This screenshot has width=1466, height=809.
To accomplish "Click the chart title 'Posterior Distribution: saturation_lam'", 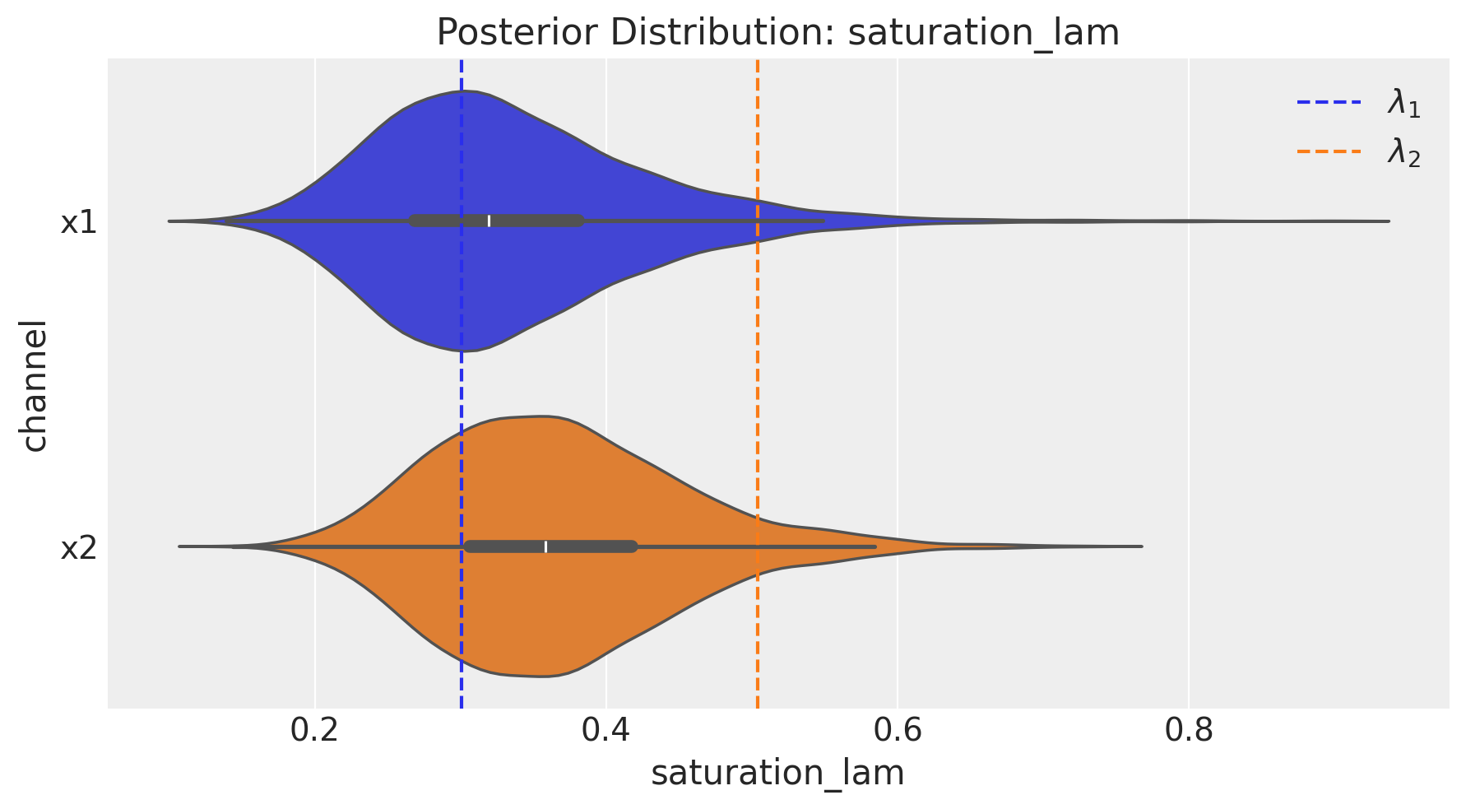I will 777,33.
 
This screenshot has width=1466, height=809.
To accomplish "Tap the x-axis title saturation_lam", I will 777,774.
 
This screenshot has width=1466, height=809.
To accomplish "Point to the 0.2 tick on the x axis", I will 314,730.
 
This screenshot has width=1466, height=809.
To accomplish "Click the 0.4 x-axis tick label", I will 605,730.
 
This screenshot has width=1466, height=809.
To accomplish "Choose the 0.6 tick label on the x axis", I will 898,730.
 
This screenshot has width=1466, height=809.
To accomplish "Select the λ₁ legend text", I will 1404,104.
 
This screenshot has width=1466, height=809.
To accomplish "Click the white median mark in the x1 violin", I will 489,221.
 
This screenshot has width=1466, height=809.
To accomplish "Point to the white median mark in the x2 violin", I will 545,546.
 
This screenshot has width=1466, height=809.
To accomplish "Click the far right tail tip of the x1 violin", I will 1387,221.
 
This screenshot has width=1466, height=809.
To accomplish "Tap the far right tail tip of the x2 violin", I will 1139,546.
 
